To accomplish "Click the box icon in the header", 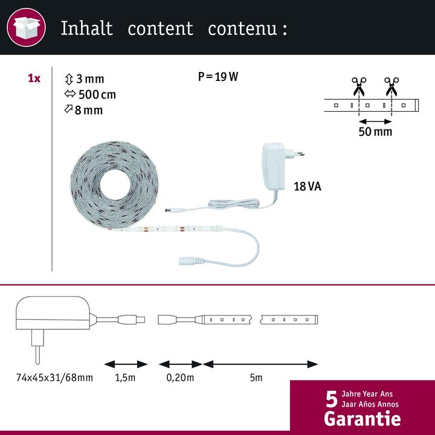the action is pos(27,27).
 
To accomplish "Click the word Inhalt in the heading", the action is pos(87,28).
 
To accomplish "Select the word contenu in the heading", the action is pos(242,28).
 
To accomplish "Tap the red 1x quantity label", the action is pos(34,79).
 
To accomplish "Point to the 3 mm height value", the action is pos(90,79).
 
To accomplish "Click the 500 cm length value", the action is pos(97,95).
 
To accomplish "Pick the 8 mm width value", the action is pos(89,110).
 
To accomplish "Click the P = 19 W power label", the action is pos(218,77).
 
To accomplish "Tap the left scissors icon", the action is pos(359,86).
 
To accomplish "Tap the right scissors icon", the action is pos(391,86).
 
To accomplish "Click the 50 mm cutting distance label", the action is pos(375,132).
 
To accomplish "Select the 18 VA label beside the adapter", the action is pos(308,187).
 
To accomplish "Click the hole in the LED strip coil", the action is pos(115,184).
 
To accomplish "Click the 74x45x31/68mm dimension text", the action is pos(54,378).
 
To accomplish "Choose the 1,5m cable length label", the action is pos(125,378).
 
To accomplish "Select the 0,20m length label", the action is pos(180,378).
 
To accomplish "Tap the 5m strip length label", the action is pos(256,378).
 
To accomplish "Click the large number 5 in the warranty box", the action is pos(332,399).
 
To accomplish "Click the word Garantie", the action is pos(362,419).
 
